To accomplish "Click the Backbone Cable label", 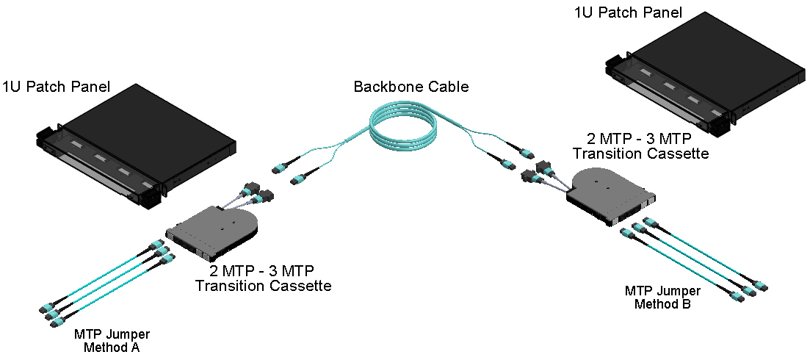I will [411, 87].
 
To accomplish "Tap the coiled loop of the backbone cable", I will [405, 129].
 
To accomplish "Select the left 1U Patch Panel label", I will [57, 87].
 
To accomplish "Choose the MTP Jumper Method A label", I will [107, 339].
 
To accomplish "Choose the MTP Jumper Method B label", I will [662, 296].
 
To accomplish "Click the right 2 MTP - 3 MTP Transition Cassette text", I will [640, 145].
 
